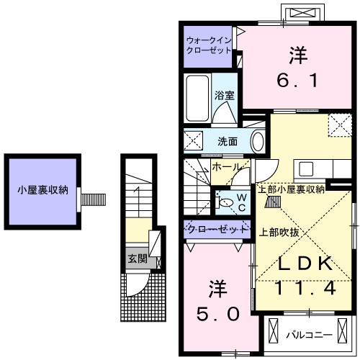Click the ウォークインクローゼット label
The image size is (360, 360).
[208, 45]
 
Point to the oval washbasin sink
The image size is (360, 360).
[257, 140]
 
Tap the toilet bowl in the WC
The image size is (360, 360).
[226, 202]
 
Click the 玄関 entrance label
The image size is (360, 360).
[136, 258]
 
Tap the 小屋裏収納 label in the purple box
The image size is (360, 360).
[42, 190]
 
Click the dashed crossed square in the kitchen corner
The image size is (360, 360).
[339, 125]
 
